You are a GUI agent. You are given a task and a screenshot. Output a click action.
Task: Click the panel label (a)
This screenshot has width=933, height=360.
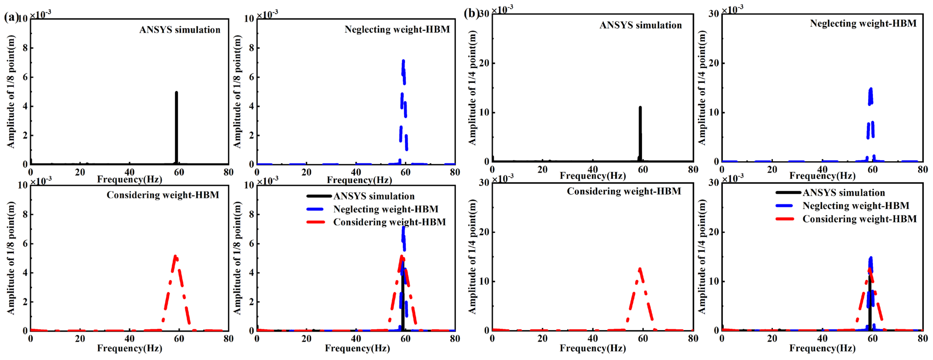11,17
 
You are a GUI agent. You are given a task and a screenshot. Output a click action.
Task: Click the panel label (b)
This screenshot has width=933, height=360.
471,13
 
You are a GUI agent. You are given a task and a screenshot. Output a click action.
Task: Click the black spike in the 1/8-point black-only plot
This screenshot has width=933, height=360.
176,127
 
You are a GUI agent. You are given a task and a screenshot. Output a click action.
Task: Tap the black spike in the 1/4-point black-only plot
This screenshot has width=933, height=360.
640,134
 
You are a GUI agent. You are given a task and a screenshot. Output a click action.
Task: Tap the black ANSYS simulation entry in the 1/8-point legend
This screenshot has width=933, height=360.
373,196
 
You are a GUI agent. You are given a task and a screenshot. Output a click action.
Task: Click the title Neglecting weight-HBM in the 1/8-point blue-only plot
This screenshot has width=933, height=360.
397,29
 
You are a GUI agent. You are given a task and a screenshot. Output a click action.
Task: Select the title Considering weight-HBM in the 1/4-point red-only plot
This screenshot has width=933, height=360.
624,191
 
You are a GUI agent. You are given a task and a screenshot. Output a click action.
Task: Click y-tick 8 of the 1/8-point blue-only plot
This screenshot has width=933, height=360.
251,48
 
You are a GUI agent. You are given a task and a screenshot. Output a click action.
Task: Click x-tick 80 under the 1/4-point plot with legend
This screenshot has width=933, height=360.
923,339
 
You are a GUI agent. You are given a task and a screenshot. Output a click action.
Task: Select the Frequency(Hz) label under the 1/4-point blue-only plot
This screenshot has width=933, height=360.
822,176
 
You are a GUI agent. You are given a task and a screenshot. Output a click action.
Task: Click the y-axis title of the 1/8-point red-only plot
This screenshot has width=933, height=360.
11,258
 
